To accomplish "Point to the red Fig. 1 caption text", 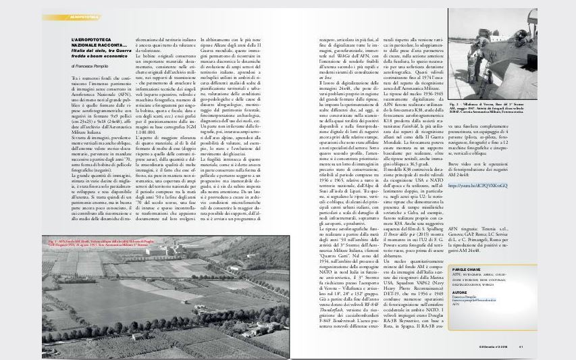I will pyautogui.click(x=98, y=261).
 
